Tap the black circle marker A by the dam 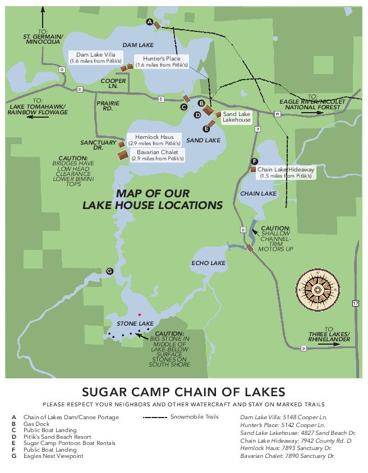tap(149, 21)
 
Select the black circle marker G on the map tap(109, 271)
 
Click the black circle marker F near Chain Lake tap(255, 161)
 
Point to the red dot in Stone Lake tap(140, 314)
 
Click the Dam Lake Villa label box tap(93, 57)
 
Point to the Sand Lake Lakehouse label tap(237, 117)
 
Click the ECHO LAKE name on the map tap(208, 263)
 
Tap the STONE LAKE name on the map tap(135, 324)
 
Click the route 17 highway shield tap(355, 303)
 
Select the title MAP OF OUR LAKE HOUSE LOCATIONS tap(153, 199)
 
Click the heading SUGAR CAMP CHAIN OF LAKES tap(184, 391)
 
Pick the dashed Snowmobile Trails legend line tap(155, 417)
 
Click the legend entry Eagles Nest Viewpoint tap(53, 456)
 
